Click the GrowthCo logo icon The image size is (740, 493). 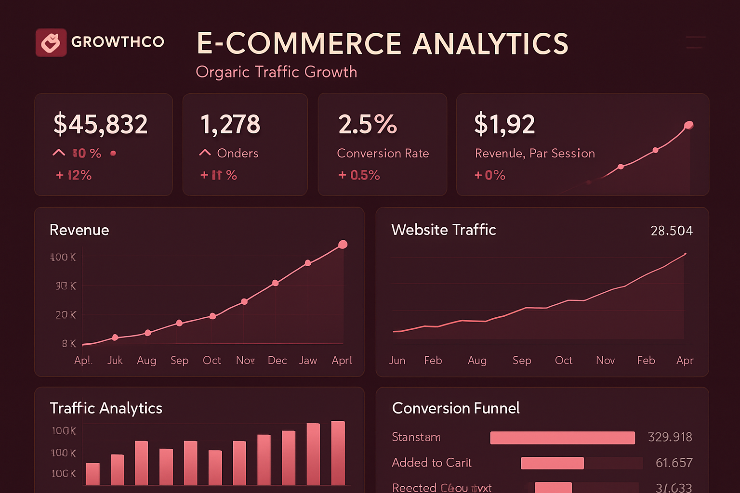coord(51,42)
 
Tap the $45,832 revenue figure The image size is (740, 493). coord(100,124)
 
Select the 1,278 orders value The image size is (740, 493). coord(230,124)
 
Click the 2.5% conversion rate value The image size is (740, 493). coord(368,124)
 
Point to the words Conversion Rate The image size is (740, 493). coord(383,153)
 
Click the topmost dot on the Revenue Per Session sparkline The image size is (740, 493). coord(688,126)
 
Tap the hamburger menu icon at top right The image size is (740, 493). coord(696,42)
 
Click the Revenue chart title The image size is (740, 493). coord(79,230)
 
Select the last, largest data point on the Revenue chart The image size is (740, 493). coord(343,245)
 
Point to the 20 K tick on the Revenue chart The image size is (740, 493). coord(66,315)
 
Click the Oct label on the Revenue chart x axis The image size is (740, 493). coord(212,361)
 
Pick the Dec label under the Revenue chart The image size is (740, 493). coord(277,361)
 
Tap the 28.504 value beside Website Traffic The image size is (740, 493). coord(672,231)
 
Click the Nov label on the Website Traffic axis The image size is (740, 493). coord(605,361)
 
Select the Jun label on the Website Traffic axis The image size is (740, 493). coord(397,361)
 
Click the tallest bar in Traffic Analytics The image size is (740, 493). coord(338,453)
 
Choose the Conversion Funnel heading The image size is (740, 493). coord(456,408)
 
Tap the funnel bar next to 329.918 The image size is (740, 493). coord(562,438)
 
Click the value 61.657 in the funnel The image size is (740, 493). coord(674,463)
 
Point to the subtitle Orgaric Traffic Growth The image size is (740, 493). coord(277,72)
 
